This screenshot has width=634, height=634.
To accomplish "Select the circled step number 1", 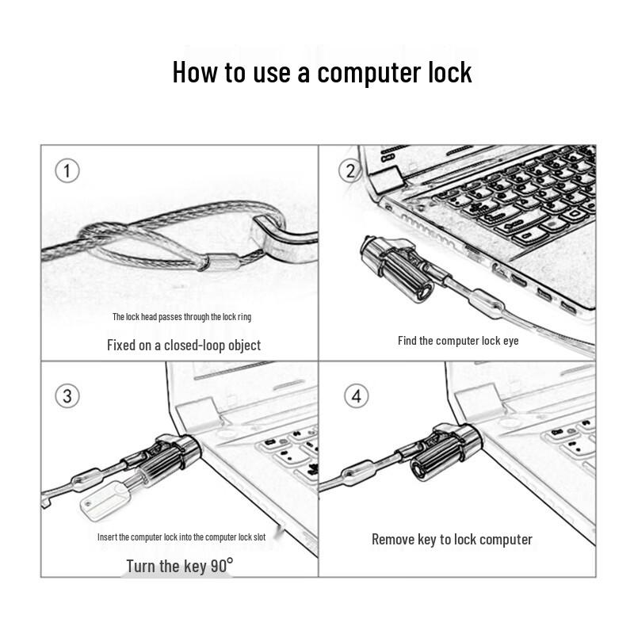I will (67, 170).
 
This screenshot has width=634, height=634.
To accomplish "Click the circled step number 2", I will (349, 170).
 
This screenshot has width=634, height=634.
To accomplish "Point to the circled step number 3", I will (67, 395).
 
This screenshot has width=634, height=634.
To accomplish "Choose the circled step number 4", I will (356, 395).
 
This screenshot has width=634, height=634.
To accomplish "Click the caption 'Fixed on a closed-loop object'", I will (183, 345).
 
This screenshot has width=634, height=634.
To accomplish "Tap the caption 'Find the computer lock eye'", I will (458, 341).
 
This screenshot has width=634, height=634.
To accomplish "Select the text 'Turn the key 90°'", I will (180, 566).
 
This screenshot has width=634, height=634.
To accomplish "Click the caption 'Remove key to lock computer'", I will (452, 540).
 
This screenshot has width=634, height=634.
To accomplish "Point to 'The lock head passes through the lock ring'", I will (181, 317).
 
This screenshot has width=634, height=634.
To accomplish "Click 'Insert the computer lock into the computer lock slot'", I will (181, 537).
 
